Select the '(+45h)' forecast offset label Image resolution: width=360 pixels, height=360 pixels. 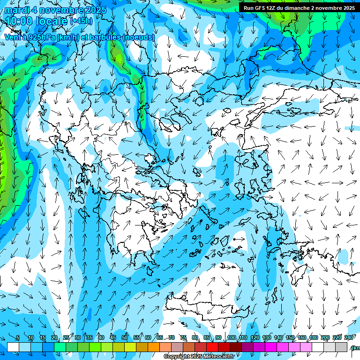81,21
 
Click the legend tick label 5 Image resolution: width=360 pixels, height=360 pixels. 18,338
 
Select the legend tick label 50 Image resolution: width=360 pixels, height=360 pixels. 125,338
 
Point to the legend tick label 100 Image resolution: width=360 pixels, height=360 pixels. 231,338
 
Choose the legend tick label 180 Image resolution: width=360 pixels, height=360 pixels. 313,338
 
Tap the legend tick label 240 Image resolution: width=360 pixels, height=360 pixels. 348,338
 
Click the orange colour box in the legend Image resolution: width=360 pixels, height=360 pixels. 154,347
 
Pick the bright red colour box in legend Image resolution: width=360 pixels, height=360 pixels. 212,347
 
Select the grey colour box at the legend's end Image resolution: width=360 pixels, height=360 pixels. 341,347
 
